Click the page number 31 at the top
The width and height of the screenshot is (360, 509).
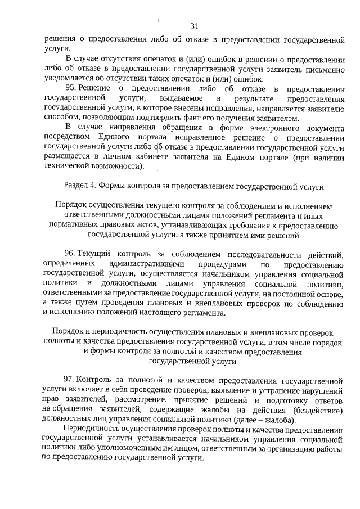click(195, 26)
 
